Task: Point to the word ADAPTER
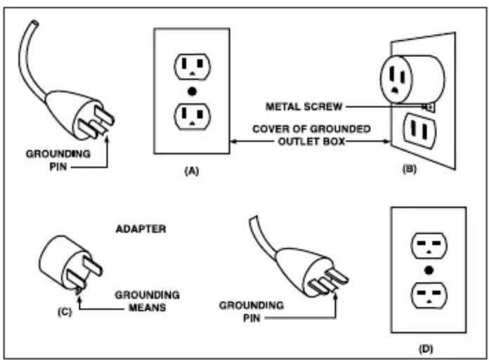(x=141, y=229)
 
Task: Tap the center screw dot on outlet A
(x=192, y=92)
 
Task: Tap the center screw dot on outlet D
(x=428, y=269)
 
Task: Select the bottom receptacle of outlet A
(x=192, y=115)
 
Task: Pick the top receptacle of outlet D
(x=428, y=245)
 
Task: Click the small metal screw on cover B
(x=429, y=107)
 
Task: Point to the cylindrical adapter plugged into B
(x=411, y=75)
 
